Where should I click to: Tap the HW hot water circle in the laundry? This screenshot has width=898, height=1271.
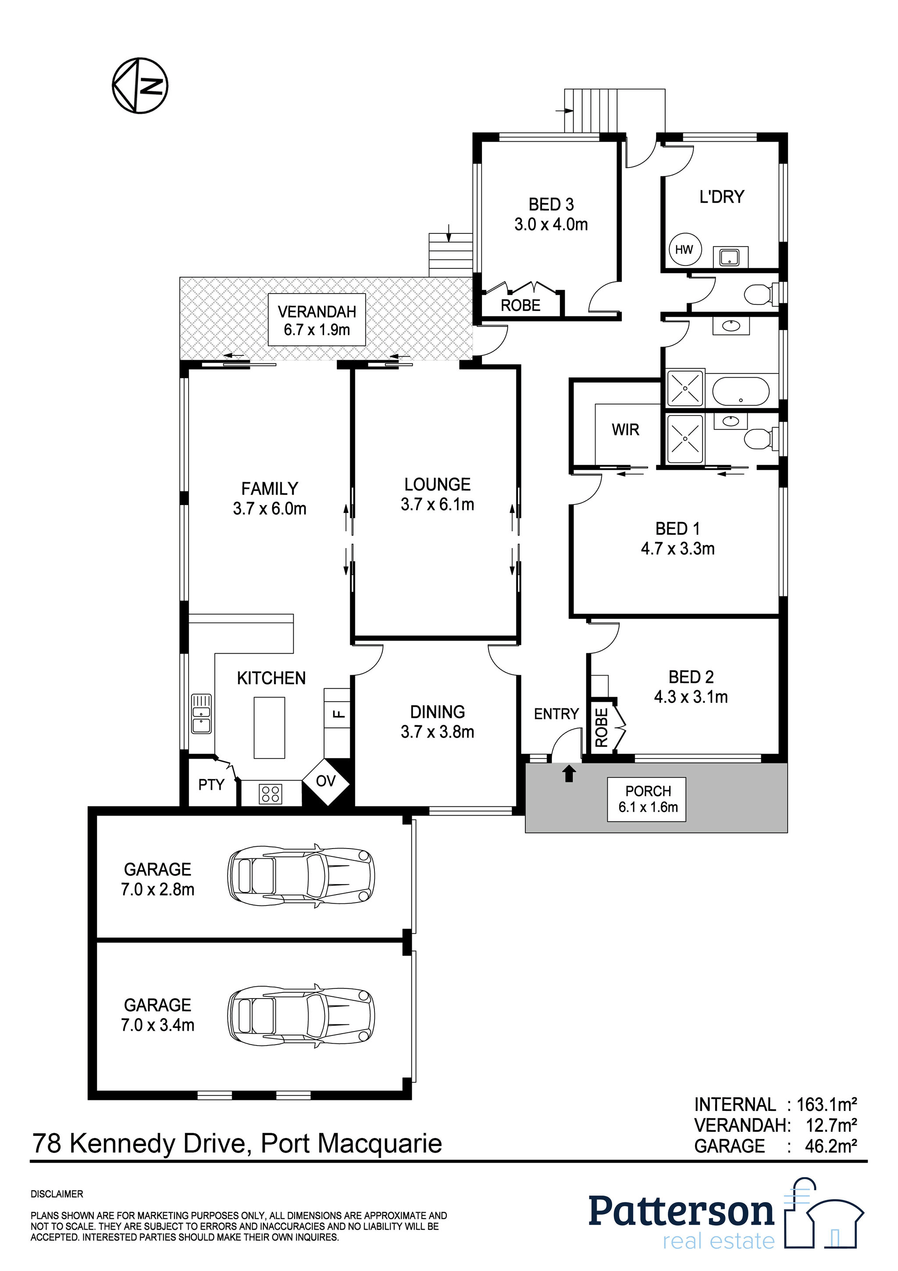[x=684, y=250]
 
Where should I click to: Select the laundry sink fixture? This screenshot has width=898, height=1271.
[x=729, y=257]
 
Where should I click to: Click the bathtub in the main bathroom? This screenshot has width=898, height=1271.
[x=740, y=391]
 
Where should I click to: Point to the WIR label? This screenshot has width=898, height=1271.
[x=625, y=430]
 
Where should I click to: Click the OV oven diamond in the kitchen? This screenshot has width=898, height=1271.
[x=326, y=781]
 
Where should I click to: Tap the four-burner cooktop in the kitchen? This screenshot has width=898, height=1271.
[x=271, y=794]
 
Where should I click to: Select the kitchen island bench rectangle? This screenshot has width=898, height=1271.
[x=270, y=727]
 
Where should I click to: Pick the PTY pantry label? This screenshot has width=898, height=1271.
[x=211, y=784]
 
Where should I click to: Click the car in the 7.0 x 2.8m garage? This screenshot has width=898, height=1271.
[x=301, y=876]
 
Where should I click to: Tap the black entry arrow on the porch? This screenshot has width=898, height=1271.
[x=569, y=773]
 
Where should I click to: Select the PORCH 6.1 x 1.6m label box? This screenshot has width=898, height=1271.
[x=647, y=799]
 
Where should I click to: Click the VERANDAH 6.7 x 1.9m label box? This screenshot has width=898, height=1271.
[x=317, y=320]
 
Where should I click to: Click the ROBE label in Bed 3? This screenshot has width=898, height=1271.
[x=520, y=305]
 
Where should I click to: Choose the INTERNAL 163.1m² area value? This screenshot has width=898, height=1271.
[x=827, y=1105]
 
